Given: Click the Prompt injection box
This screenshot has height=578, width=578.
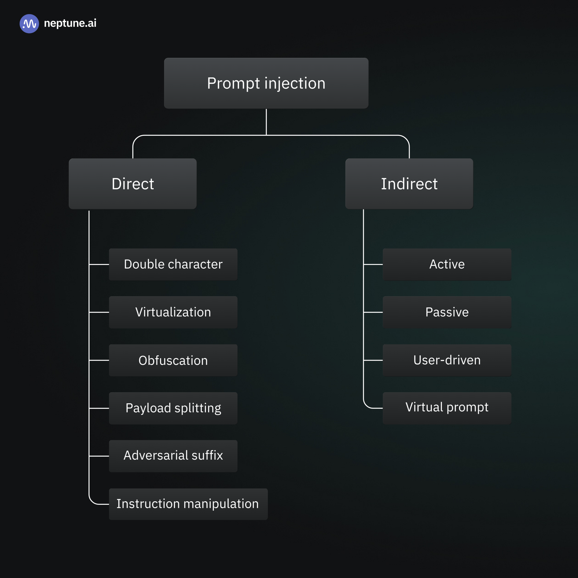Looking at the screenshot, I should coord(266,83).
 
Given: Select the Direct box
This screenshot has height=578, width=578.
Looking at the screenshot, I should coord(132,184).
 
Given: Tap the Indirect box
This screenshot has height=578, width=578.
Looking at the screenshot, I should coord(409,184).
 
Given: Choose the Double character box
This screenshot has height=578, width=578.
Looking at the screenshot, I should coord(173,264).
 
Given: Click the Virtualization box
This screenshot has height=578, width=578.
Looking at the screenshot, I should coord(173,312).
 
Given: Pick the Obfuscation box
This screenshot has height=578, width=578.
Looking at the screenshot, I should coord(173,360).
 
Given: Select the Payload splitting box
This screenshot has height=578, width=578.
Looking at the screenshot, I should coord(173,408).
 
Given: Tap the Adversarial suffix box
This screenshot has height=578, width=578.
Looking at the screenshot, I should coord(173,456).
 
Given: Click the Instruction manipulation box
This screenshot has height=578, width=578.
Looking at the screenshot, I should coord(188,504).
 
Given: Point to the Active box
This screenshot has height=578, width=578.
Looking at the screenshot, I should coord(447,264).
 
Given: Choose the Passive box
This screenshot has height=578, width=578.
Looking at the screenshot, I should coord(447,312).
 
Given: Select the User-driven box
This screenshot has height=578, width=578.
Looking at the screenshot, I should coord(447,360).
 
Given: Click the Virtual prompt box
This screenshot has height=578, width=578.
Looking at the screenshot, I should coord(447,408).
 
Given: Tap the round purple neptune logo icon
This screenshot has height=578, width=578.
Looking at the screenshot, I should coord(29,23).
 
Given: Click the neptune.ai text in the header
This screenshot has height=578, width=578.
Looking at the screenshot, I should coord(70,23).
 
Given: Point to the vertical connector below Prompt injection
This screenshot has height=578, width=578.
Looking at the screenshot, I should coord(266,122).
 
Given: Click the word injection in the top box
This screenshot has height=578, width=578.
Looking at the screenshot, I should coord(295,83).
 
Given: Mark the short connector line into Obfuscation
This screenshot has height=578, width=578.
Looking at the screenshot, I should coord(99,360).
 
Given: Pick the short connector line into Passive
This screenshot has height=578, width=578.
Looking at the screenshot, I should coord(373,312).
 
